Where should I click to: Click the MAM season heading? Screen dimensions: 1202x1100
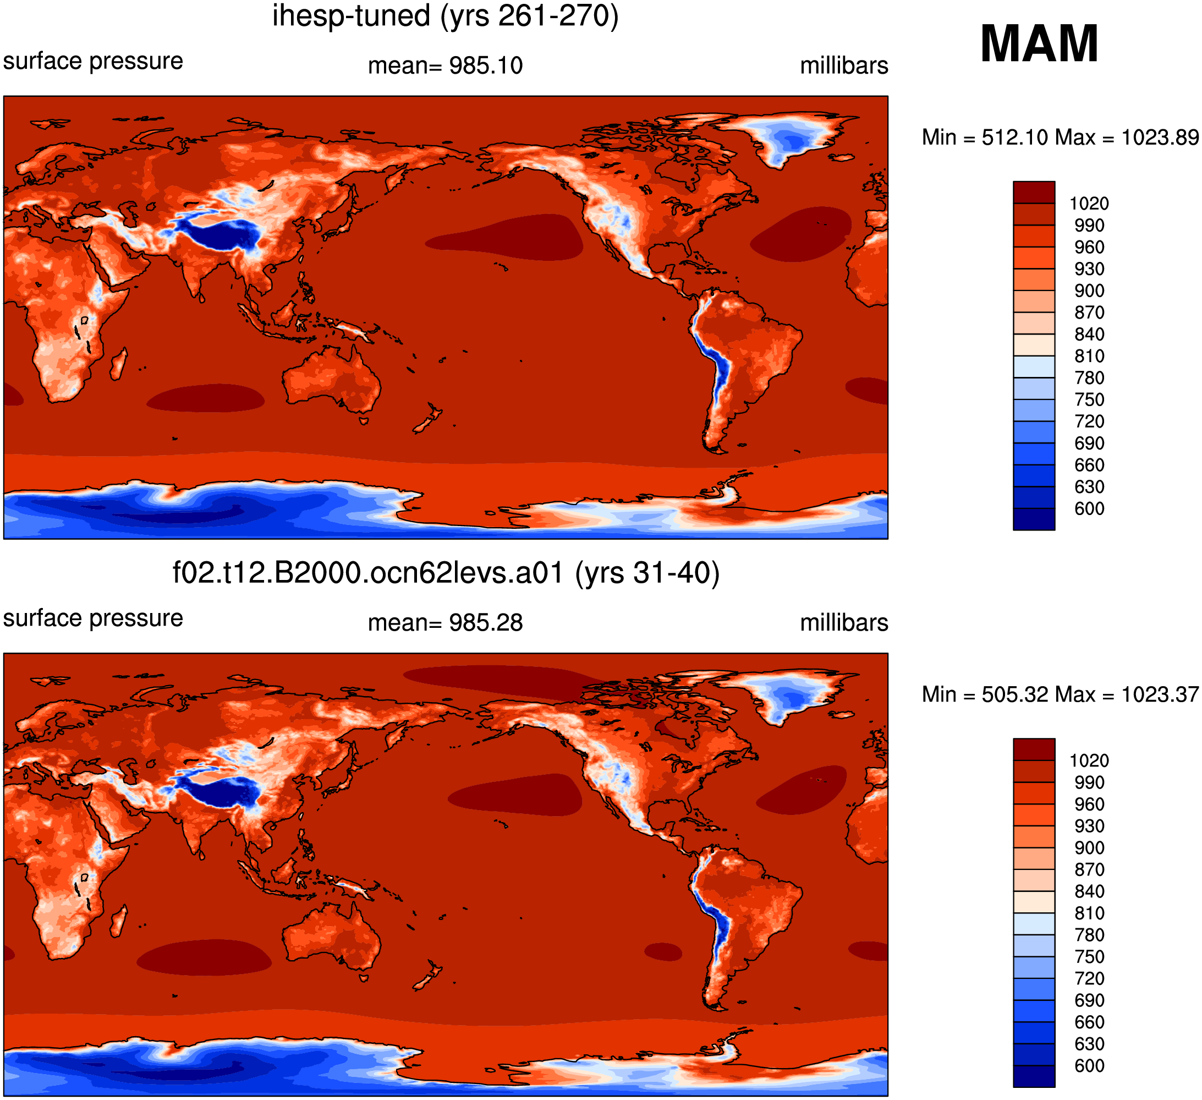(x=1039, y=43)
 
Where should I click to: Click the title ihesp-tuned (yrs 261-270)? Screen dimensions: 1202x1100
(x=446, y=16)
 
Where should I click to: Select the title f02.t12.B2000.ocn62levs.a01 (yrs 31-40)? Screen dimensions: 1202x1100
(x=446, y=573)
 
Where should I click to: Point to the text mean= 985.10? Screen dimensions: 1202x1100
(x=446, y=65)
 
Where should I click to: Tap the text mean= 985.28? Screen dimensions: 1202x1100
(x=446, y=623)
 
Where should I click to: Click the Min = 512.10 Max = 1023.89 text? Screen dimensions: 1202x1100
(x=1061, y=138)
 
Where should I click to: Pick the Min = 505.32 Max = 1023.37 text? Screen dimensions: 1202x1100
(x=1061, y=694)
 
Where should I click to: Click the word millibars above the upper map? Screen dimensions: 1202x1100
(x=844, y=65)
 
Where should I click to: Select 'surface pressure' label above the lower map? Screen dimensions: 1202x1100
(x=93, y=619)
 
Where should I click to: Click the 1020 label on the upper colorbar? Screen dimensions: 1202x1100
(x=1089, y=204)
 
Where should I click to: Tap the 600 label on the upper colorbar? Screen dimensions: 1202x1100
(x=1089, y=509)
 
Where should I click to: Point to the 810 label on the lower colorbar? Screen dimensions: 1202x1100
(x=1089, y=913)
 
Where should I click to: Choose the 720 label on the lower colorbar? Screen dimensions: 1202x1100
(x=1089, y=978)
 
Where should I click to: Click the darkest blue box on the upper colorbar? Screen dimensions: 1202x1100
(x=1034, y=519)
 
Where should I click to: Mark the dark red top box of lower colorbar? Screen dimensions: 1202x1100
(x=1034, y=749)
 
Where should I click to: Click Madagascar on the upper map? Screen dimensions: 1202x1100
(x=119, y=364)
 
